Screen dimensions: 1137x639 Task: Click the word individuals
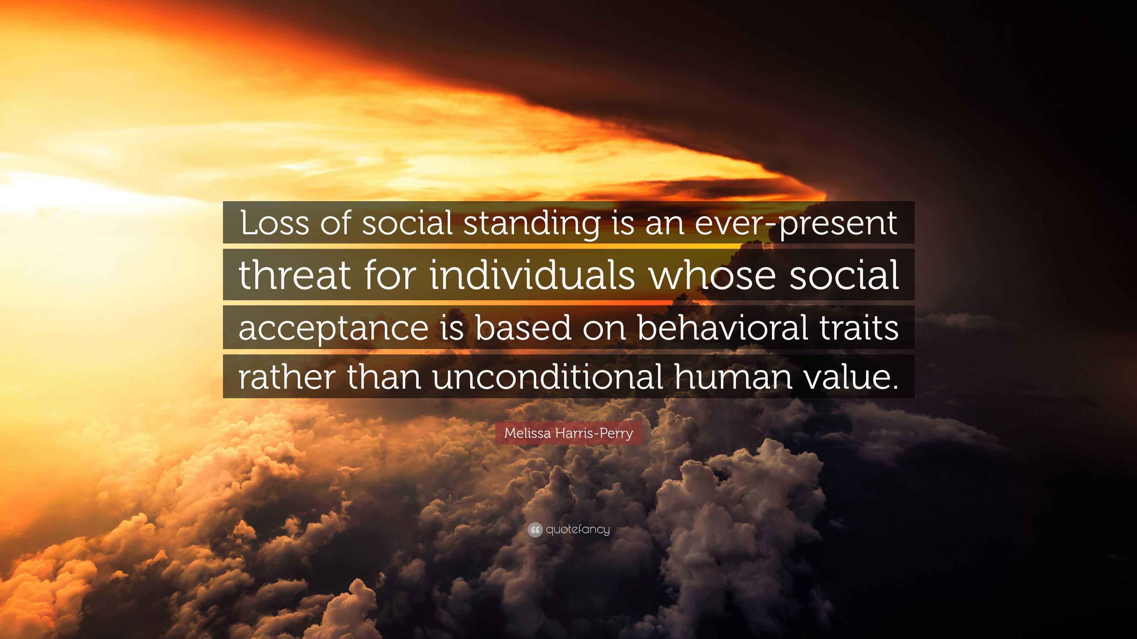[x=532, y=275]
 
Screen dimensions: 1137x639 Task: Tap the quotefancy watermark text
[x=578, y=530]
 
